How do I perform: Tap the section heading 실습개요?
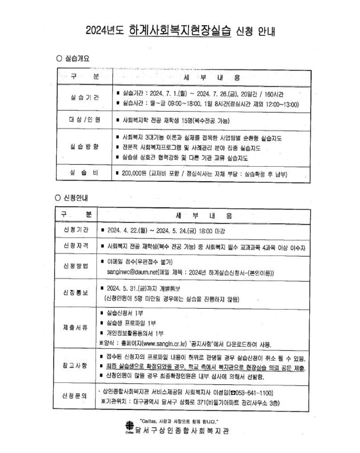pyautogui.click(x=77, y=58)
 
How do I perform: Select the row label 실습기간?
pyautogui.click(x=84, y=98)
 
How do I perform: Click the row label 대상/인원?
pyautogui.click(x=84, y=120)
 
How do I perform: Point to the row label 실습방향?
pyautogui.click(x=84, y=147)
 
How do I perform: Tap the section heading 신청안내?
pyautogui.click(x=75, y=198)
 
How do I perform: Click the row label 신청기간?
pyautogui.click(x=76, y=230)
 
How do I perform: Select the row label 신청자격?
pyautogui.click(x=76, y=246)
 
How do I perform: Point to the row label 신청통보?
pyautogui.click(x=76, y=292)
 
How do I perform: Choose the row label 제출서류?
pyautogui.click(x=76, y=328)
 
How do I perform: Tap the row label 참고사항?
pyautogui.click(x=76, y=366)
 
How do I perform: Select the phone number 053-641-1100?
pyautogui.click(x=253, y=393)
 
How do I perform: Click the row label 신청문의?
pyautogui.click(x=76, y=396)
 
